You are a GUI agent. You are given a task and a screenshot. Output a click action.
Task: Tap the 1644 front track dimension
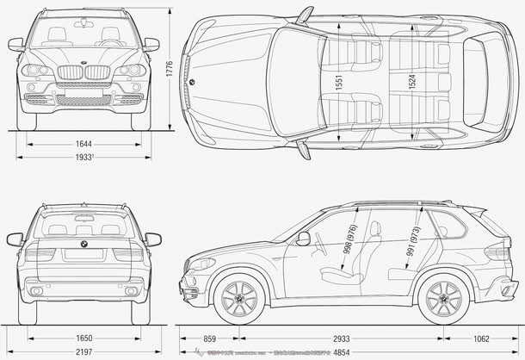(x=83, y=143)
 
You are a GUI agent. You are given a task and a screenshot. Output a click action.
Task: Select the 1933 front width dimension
(x=83, y=158)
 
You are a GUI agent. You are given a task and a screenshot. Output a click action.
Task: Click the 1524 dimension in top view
(x=413, y=83)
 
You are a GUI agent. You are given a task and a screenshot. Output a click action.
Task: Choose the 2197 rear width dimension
(x=83, y=352)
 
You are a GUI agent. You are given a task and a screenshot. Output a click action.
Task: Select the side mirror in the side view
(x=303, y=239)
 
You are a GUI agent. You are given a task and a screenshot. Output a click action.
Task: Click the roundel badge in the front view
(x=83, y=64)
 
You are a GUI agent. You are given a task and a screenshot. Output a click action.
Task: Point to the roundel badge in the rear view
(x=83, y=244)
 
